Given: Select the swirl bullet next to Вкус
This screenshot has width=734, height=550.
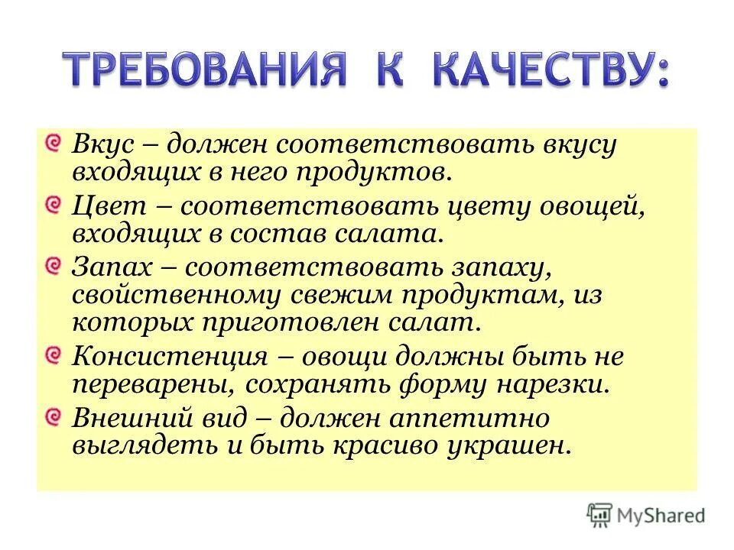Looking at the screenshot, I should click(52, 143).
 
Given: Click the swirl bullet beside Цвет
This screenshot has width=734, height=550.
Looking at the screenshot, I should click(52, 204).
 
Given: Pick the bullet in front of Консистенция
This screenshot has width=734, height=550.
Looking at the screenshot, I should click(52, 355).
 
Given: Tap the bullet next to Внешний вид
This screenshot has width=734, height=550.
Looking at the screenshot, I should click(52, 416).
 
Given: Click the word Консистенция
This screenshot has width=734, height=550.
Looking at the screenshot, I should click(170, 356).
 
